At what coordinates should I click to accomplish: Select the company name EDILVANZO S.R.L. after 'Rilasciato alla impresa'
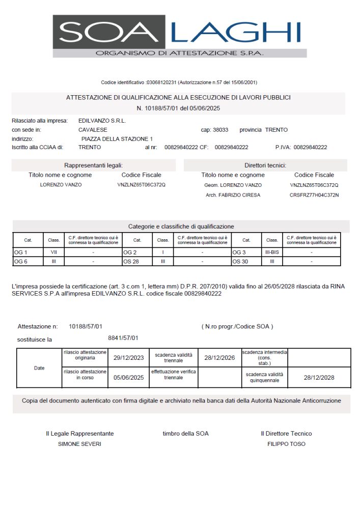coord(102,121)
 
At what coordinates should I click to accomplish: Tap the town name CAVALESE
coord(93,130)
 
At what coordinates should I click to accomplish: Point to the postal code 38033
coord(220,130)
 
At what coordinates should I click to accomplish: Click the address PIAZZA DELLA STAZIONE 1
coord(117,138)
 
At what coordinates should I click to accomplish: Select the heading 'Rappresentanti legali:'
coord(94,165)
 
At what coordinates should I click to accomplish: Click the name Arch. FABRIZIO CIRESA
coord(233,195)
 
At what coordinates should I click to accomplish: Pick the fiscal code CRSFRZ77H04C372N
coord(314,195)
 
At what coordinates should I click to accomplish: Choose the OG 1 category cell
coord(20,252)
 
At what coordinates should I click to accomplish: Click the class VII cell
coord(53,252)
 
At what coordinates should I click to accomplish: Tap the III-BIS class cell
coord(272,252)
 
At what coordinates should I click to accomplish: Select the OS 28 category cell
coord(131,261)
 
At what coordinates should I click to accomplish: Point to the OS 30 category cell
coord(240,261)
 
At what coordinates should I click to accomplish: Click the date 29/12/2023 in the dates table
coord(129,357)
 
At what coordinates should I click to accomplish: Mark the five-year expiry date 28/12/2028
coord(319,377)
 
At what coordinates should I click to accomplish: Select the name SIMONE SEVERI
coord(80,444)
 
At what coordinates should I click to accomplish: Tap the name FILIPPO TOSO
coord(286,444)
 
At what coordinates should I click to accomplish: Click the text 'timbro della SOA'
coord(185,434)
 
